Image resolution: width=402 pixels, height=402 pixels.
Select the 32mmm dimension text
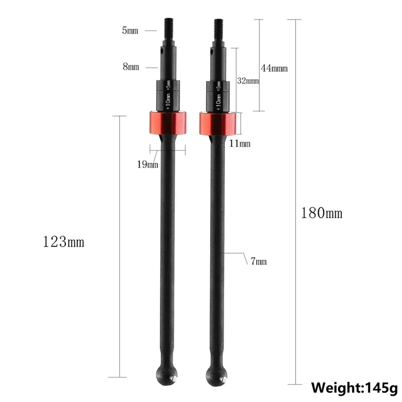(x=248, y=80)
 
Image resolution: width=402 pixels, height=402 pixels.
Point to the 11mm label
(x=240, y=144)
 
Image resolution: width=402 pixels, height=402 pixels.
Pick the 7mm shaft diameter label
(x=257, y=260)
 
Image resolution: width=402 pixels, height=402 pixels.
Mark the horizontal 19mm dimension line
(x=167, y=148)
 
